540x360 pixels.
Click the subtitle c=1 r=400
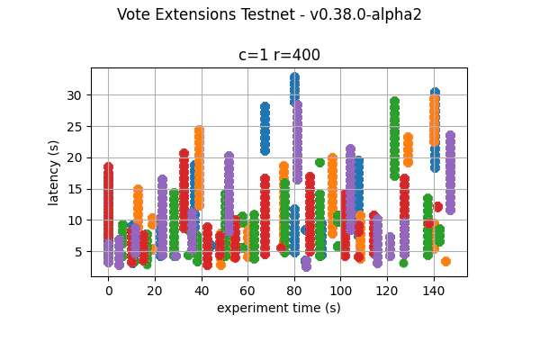(279, 55)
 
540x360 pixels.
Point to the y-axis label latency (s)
(54, 172)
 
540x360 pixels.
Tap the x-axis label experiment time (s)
(279, 308)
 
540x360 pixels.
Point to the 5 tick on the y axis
(79, 251)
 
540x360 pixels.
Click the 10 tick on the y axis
(76, 220)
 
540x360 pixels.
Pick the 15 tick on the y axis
(76, 189)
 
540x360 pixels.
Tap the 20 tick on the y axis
(76, 157)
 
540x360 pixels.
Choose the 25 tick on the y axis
(76, 126)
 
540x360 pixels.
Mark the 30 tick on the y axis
(76, 95)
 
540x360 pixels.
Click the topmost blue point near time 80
(294, 77)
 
